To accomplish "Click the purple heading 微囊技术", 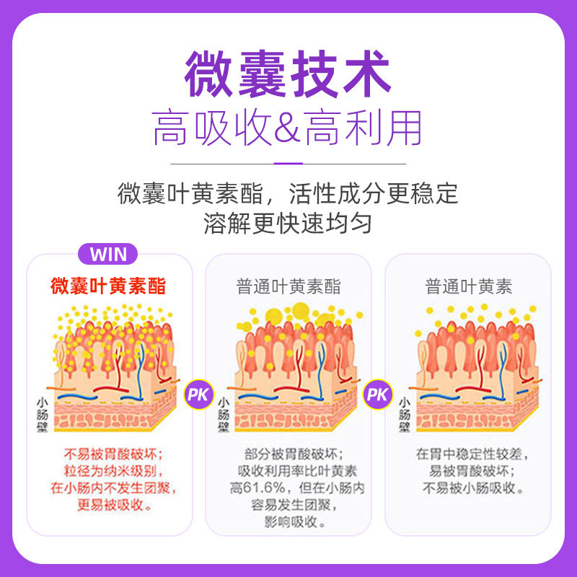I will (288, 74).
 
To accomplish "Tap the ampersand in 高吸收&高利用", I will (288, 129).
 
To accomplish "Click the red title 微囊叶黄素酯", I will (108, 286).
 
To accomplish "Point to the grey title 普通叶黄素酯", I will (288, 286).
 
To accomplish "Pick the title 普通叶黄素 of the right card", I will (468, 286).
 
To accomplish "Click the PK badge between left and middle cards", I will (197, 395).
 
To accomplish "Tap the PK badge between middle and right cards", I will (377, 395).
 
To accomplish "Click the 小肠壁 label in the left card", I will (43, 414).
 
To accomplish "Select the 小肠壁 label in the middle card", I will (223, 414).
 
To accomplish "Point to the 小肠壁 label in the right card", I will (403, 414).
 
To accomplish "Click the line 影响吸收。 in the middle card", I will (288, 521).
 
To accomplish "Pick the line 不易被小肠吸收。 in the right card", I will (468, 488).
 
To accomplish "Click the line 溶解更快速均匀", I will (288, 223).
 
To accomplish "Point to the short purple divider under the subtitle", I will (288, 163).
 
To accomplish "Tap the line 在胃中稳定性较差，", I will (468, 454).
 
